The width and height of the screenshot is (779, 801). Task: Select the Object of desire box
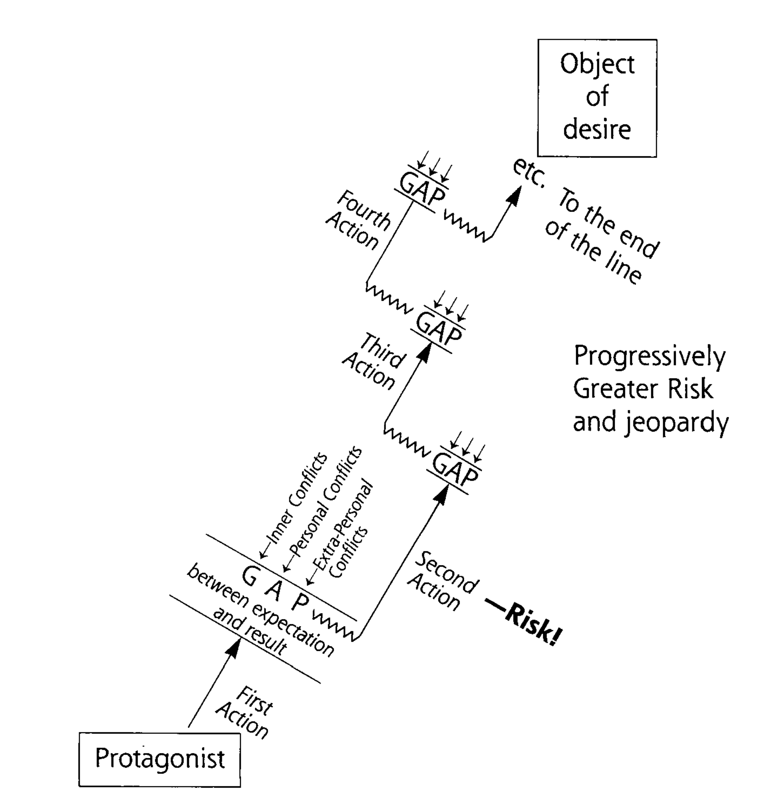click(597, 98)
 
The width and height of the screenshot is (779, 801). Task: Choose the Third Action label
click(375, 362)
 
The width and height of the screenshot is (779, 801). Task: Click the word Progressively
click(649, 356)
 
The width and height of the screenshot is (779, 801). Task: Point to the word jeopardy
click(677, 422)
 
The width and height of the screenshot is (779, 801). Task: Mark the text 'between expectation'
click(260, 610)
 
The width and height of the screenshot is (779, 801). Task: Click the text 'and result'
click(250, 630)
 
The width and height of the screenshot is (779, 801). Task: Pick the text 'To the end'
click(608, 223)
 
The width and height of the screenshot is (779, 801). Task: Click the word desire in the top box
click(597, 130)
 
